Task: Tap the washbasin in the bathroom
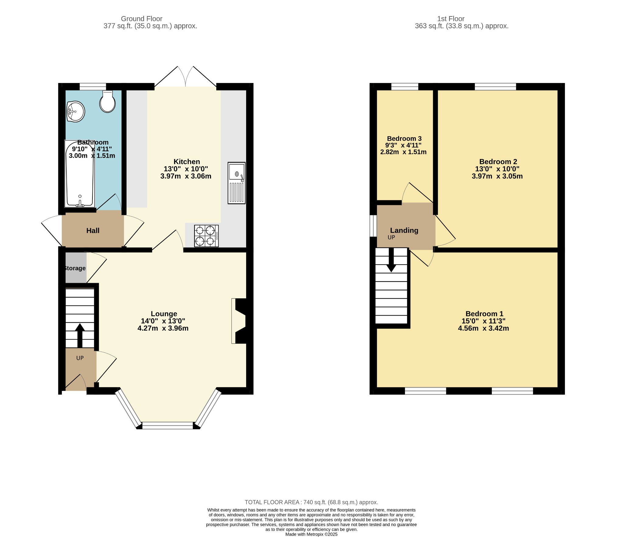point(75,112)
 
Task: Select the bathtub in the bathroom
point(80,174)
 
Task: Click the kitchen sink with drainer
point(237,183)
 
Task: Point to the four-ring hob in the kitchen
point(207,236)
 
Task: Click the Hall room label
point(93,231)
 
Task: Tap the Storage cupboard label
point(75,268)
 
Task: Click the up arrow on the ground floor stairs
point(80,335)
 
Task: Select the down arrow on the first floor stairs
point(391,260)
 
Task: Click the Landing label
point(404,230)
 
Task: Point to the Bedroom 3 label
point(404,139)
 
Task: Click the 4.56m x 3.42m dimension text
point(483,328)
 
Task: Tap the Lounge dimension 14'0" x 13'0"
point(163,321)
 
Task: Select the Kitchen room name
point(187,162)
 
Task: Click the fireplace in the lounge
point(239,321)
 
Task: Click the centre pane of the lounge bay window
point(168,425)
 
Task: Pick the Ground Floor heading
point(142,19)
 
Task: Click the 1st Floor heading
point(451,19)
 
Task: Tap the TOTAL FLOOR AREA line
point(311,502)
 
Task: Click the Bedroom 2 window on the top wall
point(496,87)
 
